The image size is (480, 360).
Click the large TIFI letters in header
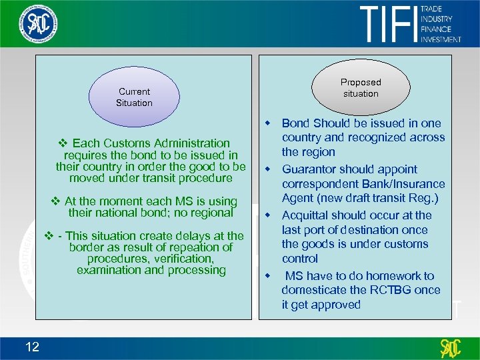[387, 24]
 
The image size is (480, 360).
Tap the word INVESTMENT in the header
[441, 39]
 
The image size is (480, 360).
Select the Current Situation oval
[134, 97]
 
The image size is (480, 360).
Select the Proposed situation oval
[361, 88]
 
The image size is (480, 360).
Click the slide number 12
[32, 346]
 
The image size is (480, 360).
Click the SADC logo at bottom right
[451, 348]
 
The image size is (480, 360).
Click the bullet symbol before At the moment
[56, 201]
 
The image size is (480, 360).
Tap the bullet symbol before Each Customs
[64, 143]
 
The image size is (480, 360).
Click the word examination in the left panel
[109, 270]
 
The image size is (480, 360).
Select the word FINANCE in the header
[435, 29]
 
